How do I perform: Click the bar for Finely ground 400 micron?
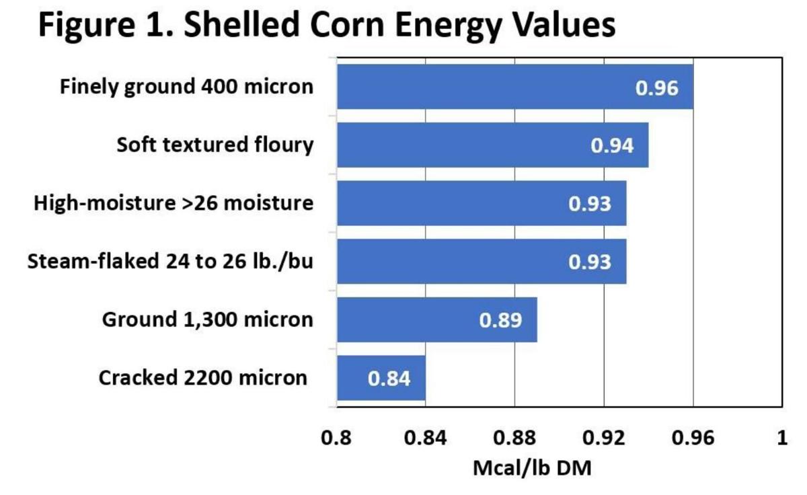514,87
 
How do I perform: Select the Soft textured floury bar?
492,145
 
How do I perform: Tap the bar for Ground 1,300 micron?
436,319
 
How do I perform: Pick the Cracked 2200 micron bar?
381,378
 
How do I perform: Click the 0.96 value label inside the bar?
656,87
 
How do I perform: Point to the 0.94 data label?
612,145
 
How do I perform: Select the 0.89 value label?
500,320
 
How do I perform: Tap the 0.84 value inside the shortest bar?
389,379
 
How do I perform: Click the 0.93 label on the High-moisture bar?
590,203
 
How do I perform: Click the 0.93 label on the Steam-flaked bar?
590,262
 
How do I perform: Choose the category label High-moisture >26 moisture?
174,202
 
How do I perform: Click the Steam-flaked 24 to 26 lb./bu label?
170,261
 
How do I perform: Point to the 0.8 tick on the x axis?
336,439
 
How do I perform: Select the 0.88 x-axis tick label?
514,439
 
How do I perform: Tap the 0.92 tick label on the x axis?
603,439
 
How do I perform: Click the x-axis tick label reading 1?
781,439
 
